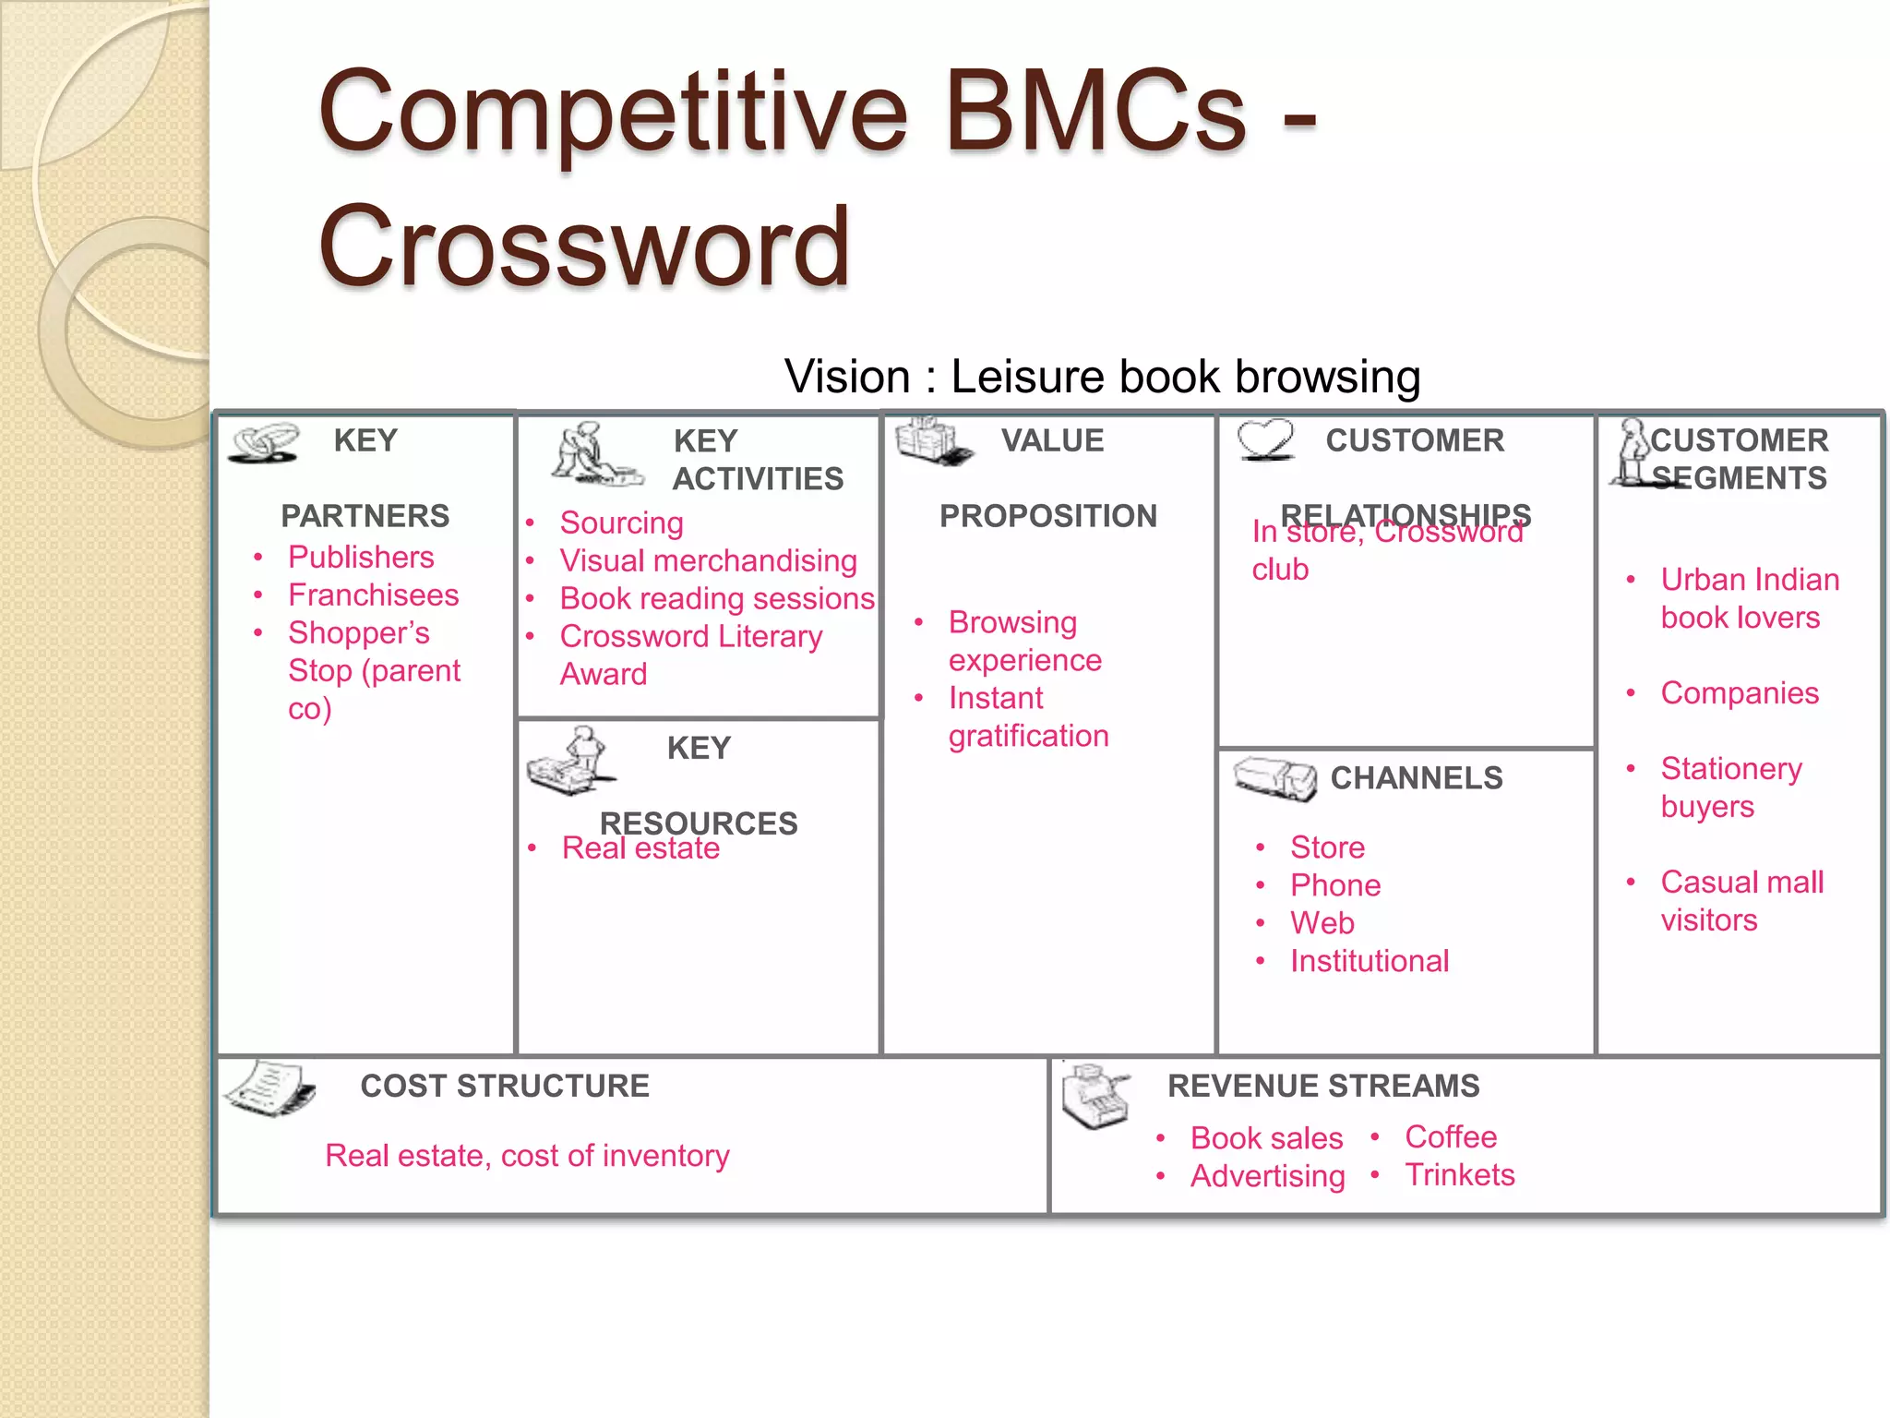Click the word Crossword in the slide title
click(x=583, y=246)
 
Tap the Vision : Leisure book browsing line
click(x=1102, y=377)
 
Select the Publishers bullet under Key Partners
click(x=361, y=557)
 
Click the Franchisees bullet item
click(x=373, y=595)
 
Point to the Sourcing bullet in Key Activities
click(x=621, y=523)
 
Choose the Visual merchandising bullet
click(x=708, y=560)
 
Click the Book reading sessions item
click(x=716, y=598)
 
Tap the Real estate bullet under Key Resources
click(x=640, y=847)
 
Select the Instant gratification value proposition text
click(x=1028, y=716)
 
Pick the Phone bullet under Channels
click(x=1335, y=885)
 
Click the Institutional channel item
click(x=1370, y=961)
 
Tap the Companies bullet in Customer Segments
click(x=1740, y=692)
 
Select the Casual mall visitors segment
click(x=1741, y=900)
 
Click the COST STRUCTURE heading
click(x=505, y=1086)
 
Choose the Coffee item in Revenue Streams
click(x=1451, y=1136)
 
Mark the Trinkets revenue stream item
click(x=1460, y=1174)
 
